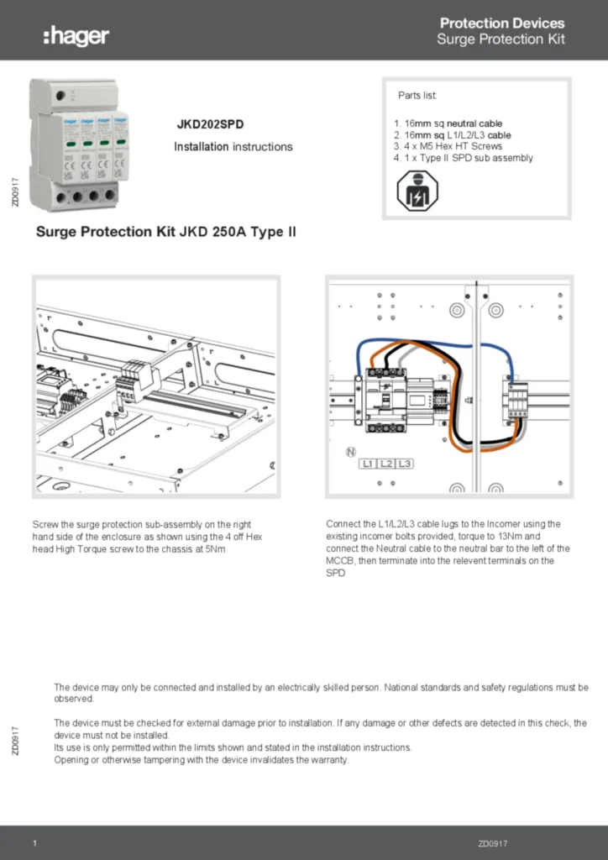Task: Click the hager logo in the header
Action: pos(76,35)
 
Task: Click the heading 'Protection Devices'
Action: pos(502,24)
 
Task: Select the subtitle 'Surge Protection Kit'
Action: pos(501,39)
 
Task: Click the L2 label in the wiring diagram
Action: pos(387,464)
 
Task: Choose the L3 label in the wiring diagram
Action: pos(404,464)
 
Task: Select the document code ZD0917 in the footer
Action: pos(493,843)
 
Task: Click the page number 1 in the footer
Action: pos(34,843)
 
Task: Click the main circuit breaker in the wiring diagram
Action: pos(383,401)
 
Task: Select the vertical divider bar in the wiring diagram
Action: pos(475,386)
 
